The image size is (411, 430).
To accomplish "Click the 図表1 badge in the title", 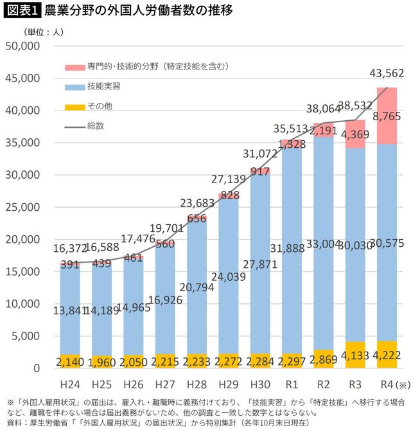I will click(21, 11).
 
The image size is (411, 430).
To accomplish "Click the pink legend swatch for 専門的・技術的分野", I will click(76, 66).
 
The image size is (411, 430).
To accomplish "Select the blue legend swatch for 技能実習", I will click(76, 86).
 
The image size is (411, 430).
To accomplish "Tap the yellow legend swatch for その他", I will click(76, 106).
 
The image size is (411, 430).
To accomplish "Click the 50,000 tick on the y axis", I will click(22, 46).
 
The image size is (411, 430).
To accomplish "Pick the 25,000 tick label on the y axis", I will click(22, 207).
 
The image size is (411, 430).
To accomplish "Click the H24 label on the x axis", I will click(70, 384).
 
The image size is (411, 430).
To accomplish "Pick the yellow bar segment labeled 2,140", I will click(70, 361).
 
